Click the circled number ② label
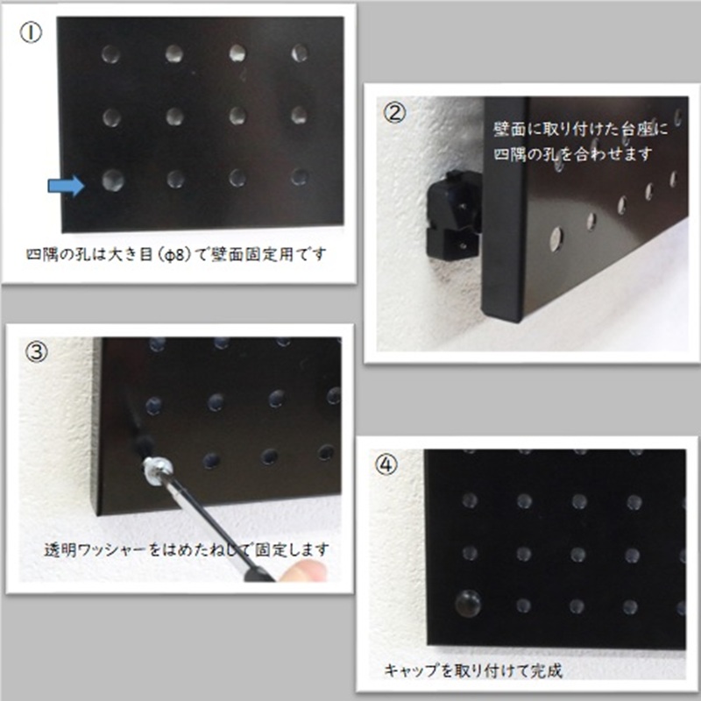(395, 112)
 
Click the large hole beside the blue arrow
(112, 181)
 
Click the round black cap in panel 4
(467, 602)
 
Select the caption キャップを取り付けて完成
(472, 672)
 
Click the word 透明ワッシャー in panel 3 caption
(96, 550)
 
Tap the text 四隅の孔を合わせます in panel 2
(570, 154)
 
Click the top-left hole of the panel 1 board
(110, 54)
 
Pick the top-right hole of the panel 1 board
(300, 53)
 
